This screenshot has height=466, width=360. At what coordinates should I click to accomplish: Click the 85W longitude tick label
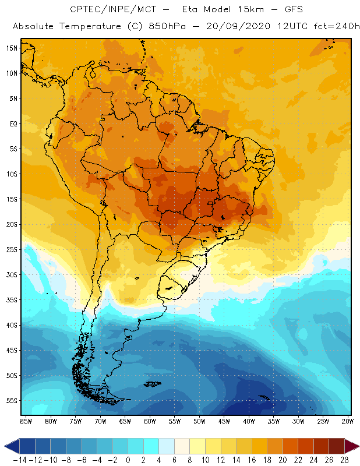26,421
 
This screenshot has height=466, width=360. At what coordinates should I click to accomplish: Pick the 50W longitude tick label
199,421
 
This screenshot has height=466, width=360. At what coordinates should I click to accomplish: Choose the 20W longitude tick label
348,421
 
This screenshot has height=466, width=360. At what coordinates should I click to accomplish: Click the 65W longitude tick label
125,421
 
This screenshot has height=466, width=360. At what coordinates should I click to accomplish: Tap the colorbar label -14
19,460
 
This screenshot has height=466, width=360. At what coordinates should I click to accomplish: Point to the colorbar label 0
128,460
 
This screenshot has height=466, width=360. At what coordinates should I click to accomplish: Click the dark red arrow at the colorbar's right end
352,446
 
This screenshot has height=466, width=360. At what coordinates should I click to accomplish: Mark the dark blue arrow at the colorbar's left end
11,446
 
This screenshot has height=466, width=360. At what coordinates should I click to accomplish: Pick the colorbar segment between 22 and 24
308,446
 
